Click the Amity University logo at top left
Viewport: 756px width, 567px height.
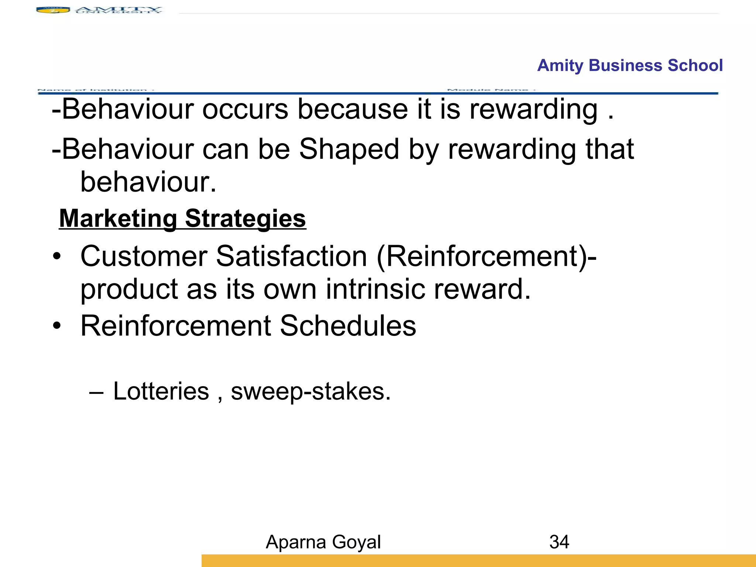pyautogui.click(x=99, y=10)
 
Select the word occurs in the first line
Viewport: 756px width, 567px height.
pyautogui.click(x=245, y=109)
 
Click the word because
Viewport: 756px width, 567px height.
pyautogui.click(x=353, y=109)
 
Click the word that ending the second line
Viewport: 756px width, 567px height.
pyautogui.click(x=610, y=149)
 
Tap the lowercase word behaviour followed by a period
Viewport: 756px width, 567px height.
pyautogui.click(x=148, y=182)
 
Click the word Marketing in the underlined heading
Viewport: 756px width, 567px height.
pyautogui.click(x=118, y=219)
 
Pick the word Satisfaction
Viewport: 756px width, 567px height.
pyautogui.click(x=292, y=256)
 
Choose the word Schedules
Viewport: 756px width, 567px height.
pyautogui.click(x=348, y=326)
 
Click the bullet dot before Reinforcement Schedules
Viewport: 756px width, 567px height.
pyautogui.click(x=56, y=326)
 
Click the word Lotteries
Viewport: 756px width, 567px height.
pyautogui.click(x=161, y=391)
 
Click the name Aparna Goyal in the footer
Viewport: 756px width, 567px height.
pyautogui.click(x=323, y=542)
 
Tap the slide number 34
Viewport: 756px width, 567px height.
pyautogui.click(x=559, y=542)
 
